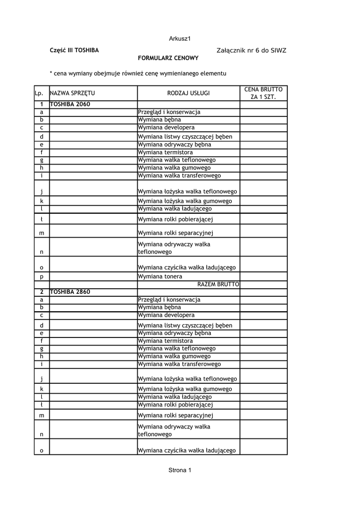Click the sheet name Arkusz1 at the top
(x=180, y=38)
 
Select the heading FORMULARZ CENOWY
(x=168, y=58)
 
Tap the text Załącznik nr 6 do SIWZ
(x=252, y=51)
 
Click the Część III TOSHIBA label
(x=74, y=51)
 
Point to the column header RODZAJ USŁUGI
(x=188, y=93)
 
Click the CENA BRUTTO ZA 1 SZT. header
(x=264, y=93)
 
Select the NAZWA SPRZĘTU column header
(x=73, y=93)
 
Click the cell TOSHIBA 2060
(x=70, y=104)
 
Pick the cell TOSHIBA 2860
(x=70, y=292)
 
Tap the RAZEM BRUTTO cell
(x=218, y=284)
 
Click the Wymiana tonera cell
(x=160, y=276)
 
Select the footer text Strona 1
(x=180, y=470)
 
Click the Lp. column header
(x=39, y=93)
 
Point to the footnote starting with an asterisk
(x=138, y=74)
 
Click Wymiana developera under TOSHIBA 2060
(x=166, y=128)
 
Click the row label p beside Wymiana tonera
(x=42, y=276)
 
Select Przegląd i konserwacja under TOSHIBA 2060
(x=169, y=112)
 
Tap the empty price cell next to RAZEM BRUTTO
(x=264, y=284)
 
